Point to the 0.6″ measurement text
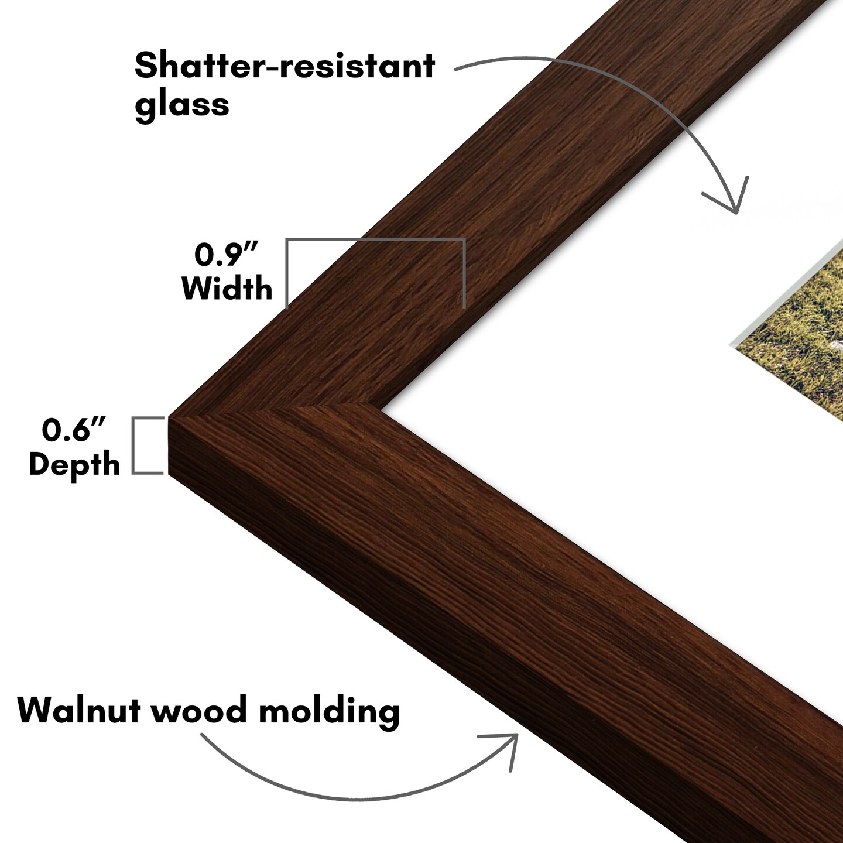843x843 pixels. pyautogui.click(x=74, y=430)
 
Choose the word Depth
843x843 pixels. pyautogui.click(x=74, y=464)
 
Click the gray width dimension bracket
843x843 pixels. pyautogui.click(x=375, y=239)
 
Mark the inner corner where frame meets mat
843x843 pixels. pyautogui.click(x=381, y=409)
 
